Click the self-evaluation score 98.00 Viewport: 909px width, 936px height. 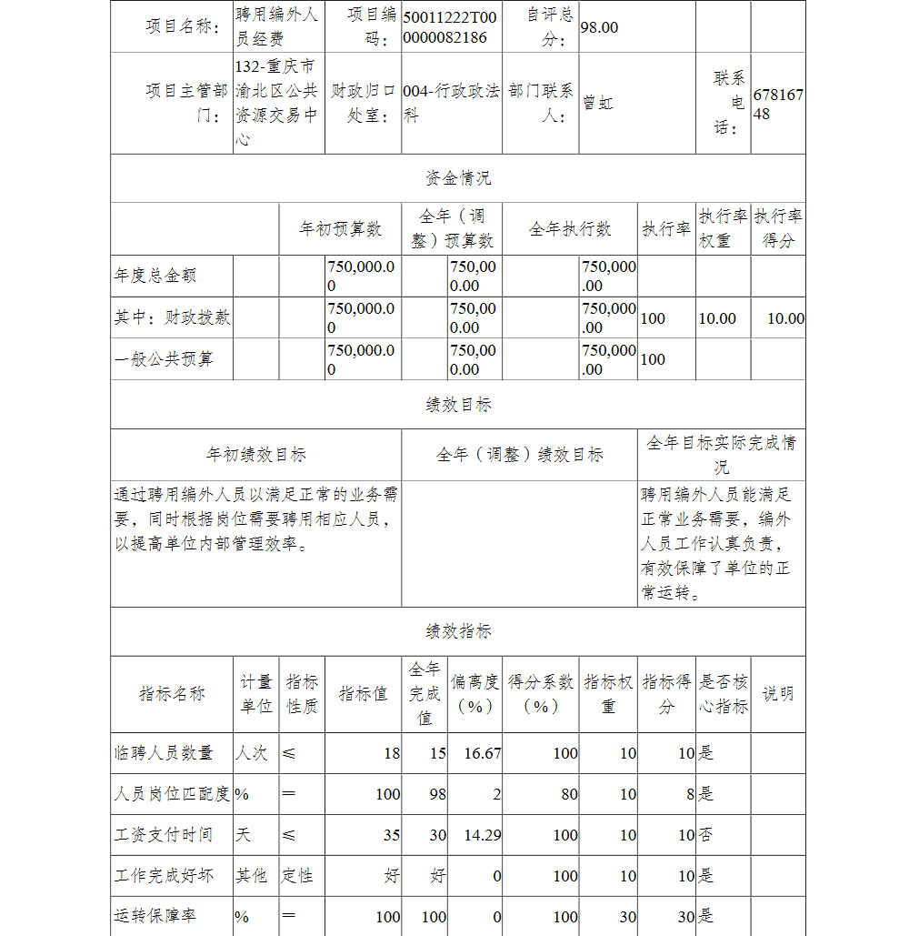(x=599, y=27)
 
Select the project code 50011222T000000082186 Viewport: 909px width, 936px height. (x=450, y=27)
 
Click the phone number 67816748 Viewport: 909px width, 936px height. (x=778, y=104)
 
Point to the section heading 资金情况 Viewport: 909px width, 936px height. (x=458, y=177)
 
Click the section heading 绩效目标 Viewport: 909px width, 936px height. (x=458, y=405)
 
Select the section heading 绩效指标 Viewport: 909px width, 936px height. (x=458, y=631)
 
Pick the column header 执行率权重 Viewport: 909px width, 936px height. (x=723, y=227)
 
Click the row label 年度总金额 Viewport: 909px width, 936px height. (x=155, y=276)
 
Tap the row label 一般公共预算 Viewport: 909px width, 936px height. (x=165, y=359)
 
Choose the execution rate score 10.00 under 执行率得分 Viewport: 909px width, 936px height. (x=785, y=318)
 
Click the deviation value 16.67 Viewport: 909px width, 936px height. (x=482, y=753)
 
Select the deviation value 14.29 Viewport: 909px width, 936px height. (x=482, y=835)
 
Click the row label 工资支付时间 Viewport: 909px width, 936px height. (x=164, y=835)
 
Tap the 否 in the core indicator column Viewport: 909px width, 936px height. (x=705, y=835)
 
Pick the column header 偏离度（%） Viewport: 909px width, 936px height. (x=474, y=694)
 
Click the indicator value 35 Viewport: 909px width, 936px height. (x=391, y=835)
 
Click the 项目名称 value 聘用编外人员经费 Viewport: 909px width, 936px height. (x=276, y=27)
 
